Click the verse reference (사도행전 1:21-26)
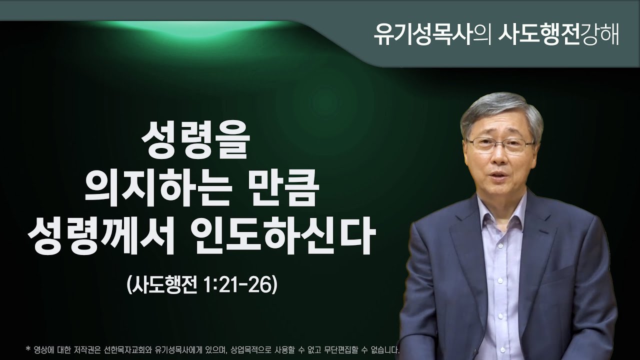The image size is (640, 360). coord(202,285)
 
